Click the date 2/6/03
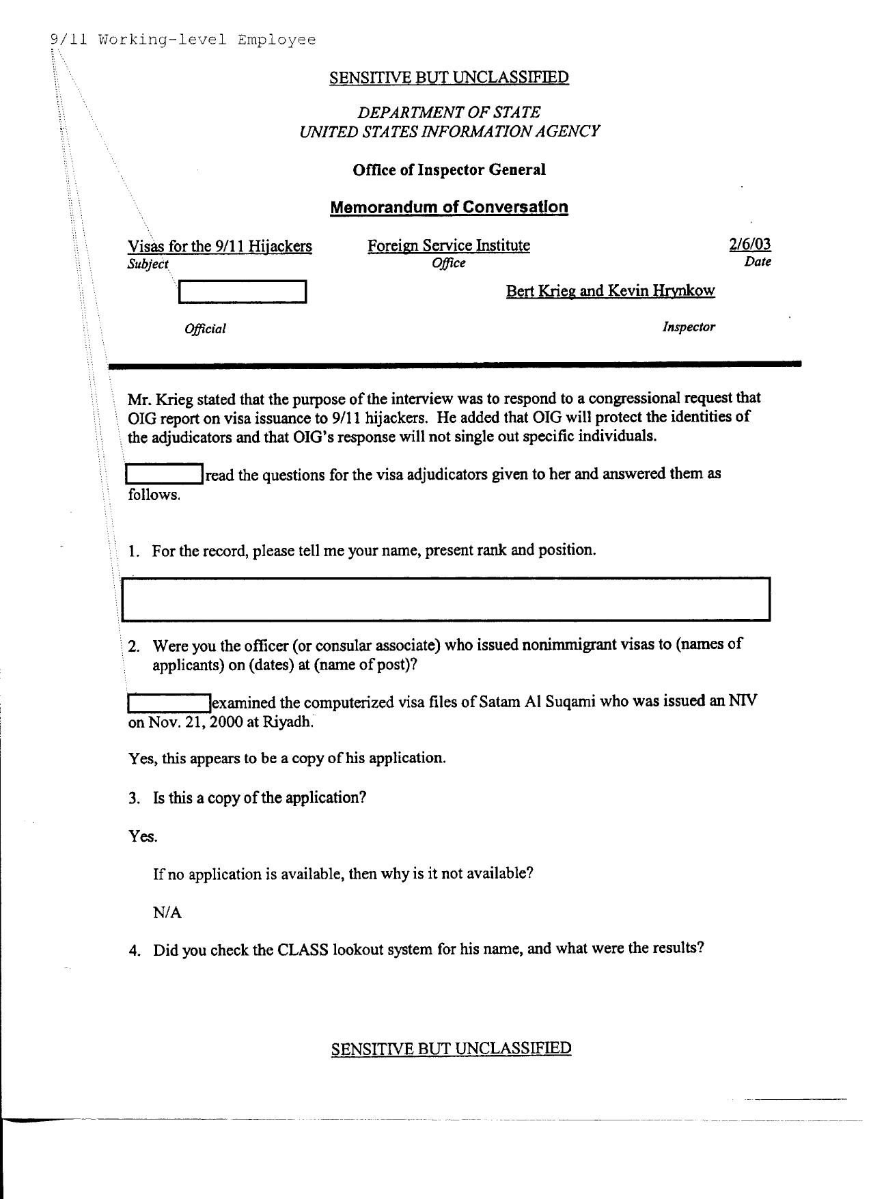tap(749, 245)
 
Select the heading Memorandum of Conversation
tap(449, 207)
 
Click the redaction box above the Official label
tap(242, 292)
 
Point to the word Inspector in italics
tap(688, 327)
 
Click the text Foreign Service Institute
tap(448, 245)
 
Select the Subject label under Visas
tap(148, 264)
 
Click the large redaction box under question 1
tap(445, 599)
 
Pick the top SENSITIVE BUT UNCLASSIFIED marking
tap(449, 77)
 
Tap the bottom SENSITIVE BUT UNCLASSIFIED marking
tap(451, 1048)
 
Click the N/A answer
tap(167, 912)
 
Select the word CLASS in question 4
tap(303, 950)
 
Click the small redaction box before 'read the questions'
tap(165, 473)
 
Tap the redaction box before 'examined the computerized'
tap(169, 702)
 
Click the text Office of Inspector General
tap(449, 169)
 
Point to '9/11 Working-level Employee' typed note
tap(183, 40)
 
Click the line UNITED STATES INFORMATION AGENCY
tap(449, 131)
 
